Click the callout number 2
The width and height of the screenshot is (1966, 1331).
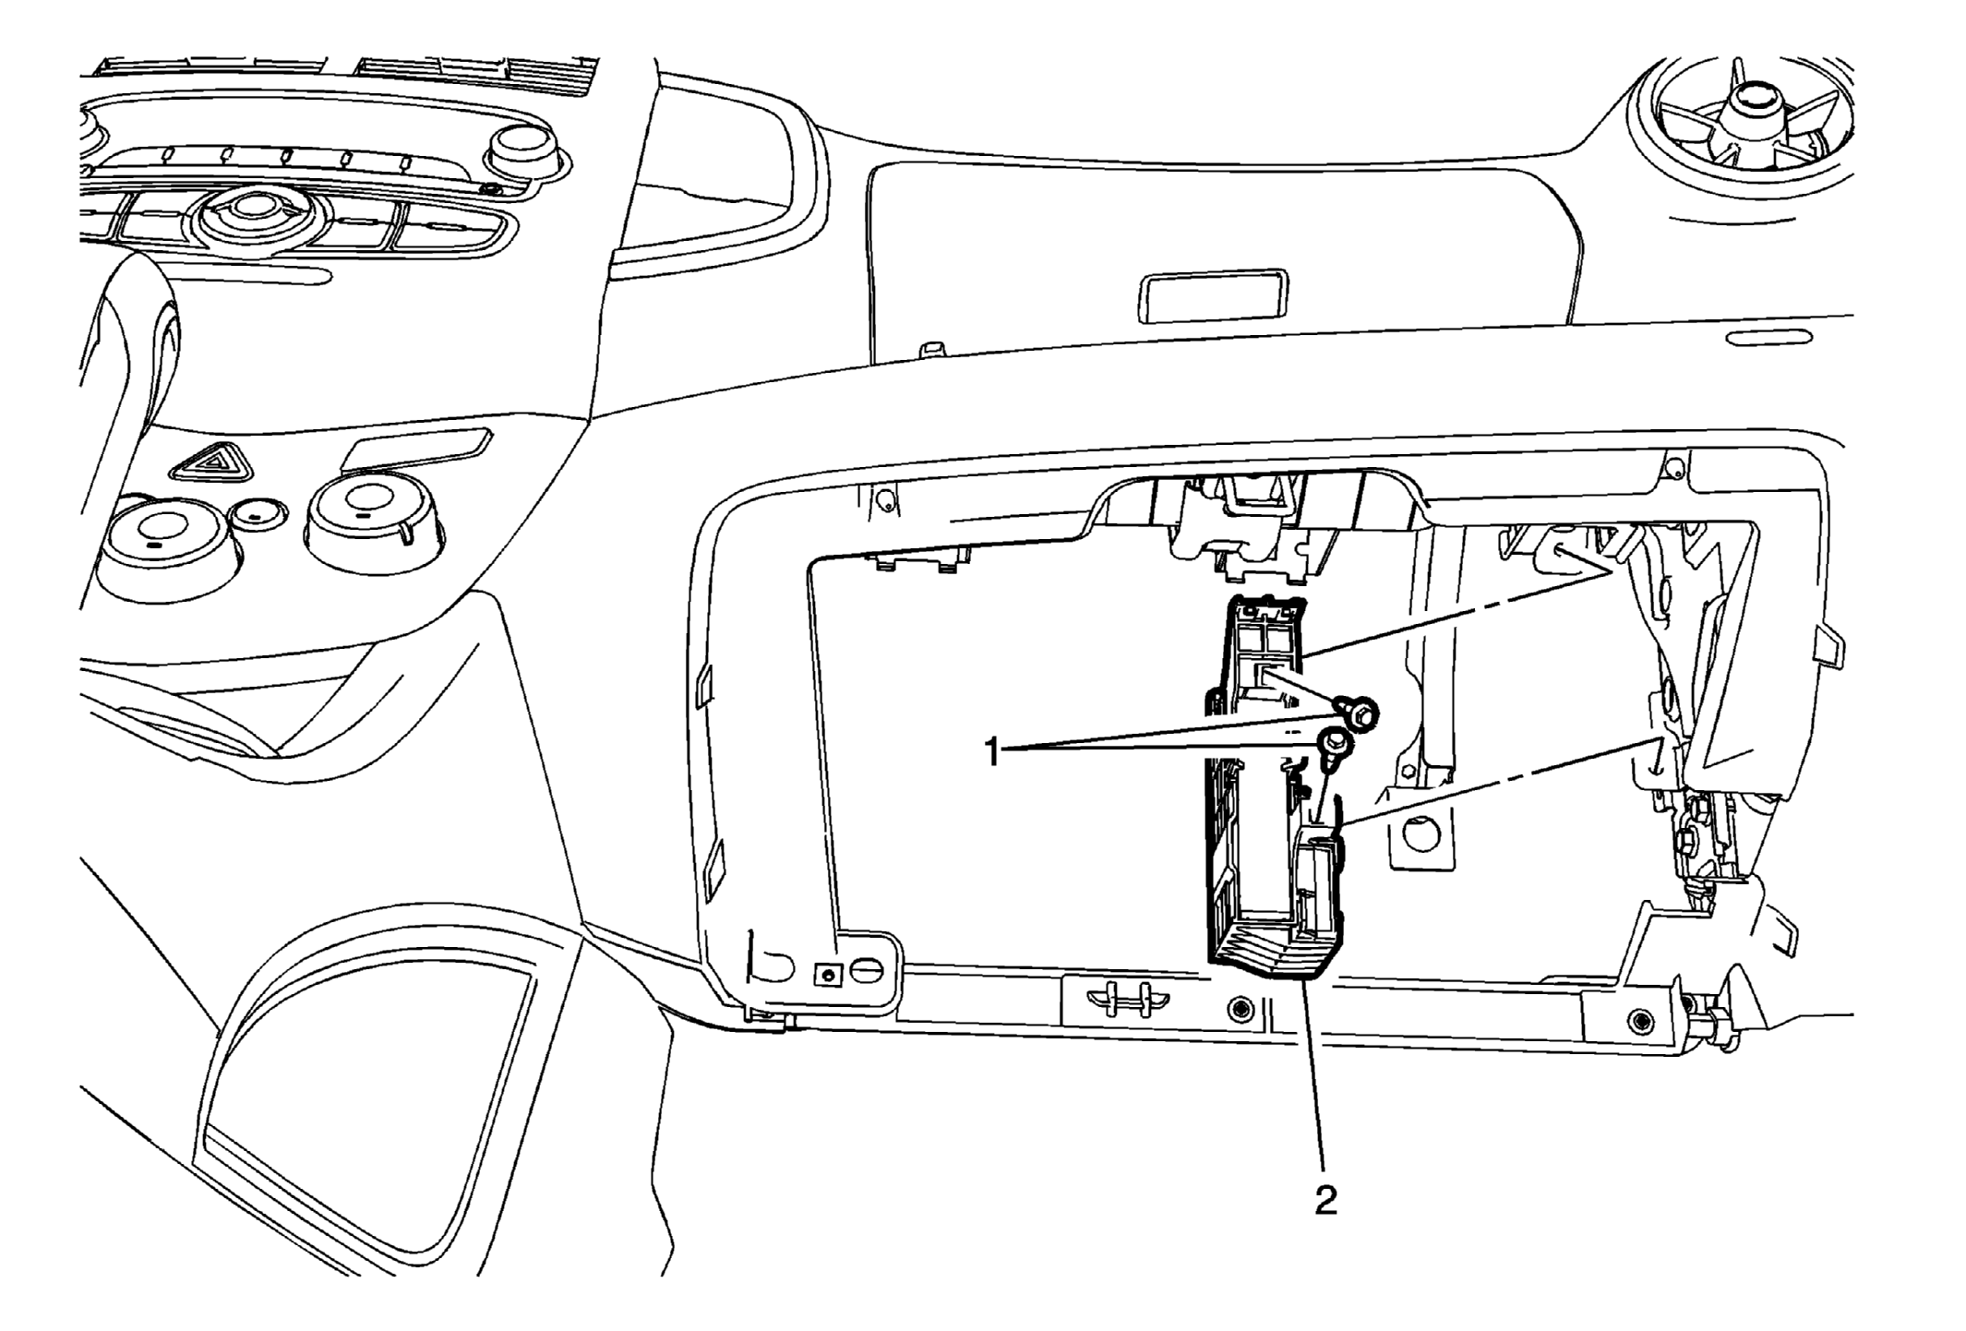(1325, 1200)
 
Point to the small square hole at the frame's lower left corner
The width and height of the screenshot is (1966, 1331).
(828, 974)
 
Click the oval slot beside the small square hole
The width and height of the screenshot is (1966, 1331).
(869, 972)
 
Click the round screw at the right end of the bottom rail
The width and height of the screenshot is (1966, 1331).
(1639, 1020)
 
